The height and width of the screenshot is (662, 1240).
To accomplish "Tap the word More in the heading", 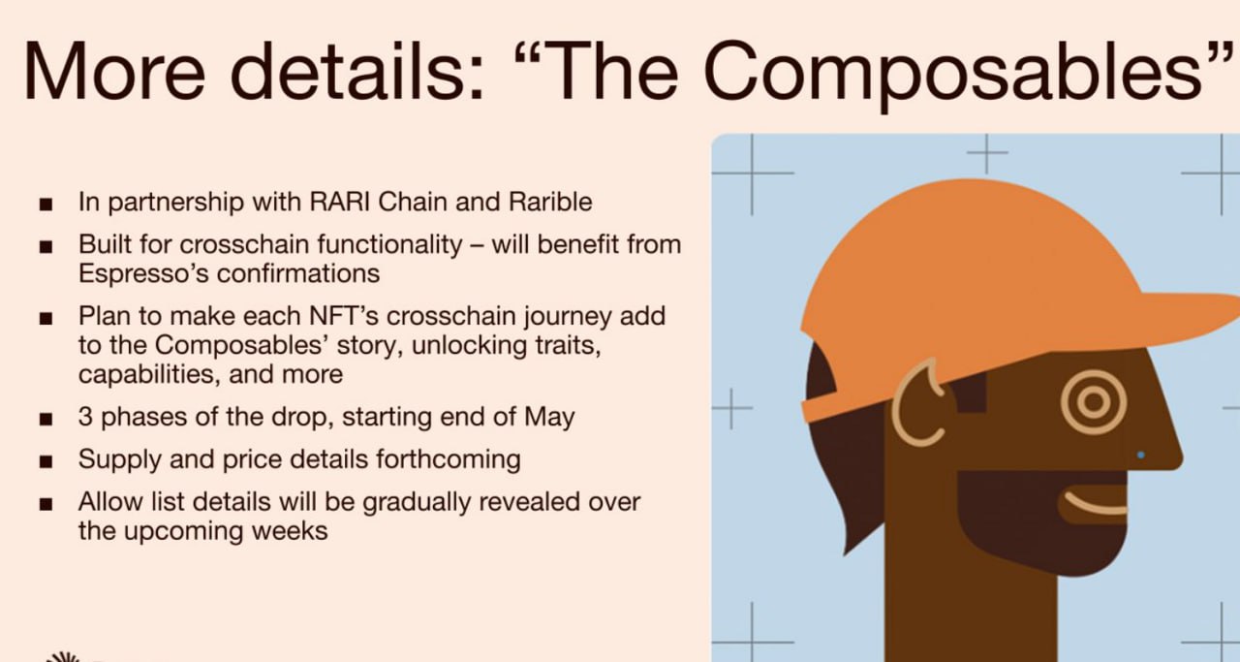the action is [114, 72].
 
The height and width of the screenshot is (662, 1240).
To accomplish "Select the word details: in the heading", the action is [357, 72].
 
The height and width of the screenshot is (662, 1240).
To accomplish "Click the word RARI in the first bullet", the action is [339, 201].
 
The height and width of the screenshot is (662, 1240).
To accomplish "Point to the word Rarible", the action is [550, 201].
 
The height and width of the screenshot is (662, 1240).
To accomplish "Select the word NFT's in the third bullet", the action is [343, 316].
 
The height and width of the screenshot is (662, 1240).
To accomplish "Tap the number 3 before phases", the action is [85, 417].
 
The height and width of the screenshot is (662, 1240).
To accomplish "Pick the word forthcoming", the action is [449, 459].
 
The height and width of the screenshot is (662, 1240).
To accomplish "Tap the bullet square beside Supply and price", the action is [46, 461].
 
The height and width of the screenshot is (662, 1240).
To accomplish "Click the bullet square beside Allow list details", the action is [46, 504].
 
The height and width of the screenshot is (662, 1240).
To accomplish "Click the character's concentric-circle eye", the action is [1094, 402].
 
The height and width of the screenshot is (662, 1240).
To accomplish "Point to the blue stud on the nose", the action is [1140, 455].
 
